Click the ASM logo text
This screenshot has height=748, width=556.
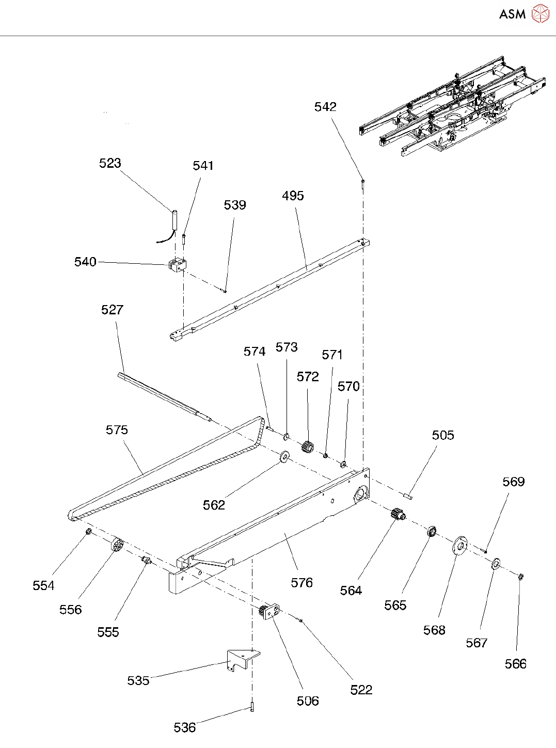tap(512, 14)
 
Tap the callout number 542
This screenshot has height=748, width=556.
tap(325, 107)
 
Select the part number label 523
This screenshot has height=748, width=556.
tap(110, 163)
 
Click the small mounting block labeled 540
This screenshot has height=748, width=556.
tap(178, 265)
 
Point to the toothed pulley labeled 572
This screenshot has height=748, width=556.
tap(307, 447)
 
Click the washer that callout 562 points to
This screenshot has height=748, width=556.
tap(285, 457)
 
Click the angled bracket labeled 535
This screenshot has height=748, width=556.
tap(243, 659)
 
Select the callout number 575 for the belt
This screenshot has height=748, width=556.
tap(117, 430)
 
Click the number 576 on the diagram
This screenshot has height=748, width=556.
tap(301, 583)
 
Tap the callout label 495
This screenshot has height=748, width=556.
tap(293, 196)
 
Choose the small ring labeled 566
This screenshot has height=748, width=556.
tap(520, 576)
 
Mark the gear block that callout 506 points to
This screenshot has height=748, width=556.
tap(269, 611)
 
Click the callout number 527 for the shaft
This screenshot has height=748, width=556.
tap(112, 310)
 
